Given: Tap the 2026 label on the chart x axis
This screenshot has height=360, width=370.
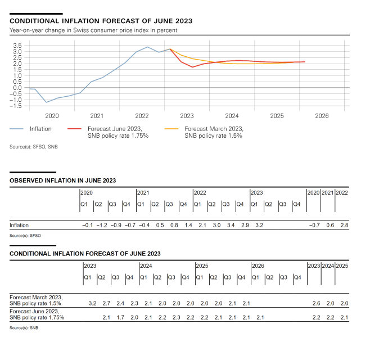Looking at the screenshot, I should point(322,116).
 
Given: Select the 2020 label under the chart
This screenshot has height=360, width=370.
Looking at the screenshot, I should point(52,116).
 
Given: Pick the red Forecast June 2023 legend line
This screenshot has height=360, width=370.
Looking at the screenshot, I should point(75,129).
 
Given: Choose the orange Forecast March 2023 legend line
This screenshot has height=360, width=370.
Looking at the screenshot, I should point(172,129).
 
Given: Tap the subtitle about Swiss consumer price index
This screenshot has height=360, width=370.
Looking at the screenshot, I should point(93,30).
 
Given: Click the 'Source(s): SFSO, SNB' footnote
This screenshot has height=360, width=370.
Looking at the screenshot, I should point(33,147).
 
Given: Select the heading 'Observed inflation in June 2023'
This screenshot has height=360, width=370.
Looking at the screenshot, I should point(63,181).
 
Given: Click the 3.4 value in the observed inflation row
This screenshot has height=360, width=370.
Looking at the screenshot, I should point(231,225).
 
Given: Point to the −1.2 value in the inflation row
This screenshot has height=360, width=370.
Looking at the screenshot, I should point(102,225).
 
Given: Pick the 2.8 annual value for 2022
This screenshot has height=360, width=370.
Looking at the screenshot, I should point(344,225).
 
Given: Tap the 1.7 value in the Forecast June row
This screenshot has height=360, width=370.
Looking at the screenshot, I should point(120,318).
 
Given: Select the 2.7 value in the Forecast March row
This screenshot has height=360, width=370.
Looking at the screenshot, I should point(106,304).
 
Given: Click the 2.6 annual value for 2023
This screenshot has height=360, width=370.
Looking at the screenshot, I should point(316,304).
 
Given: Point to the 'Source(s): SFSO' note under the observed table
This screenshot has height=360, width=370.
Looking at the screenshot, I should point(25,235).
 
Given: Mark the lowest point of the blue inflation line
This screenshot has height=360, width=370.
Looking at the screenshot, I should point(47,102).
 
